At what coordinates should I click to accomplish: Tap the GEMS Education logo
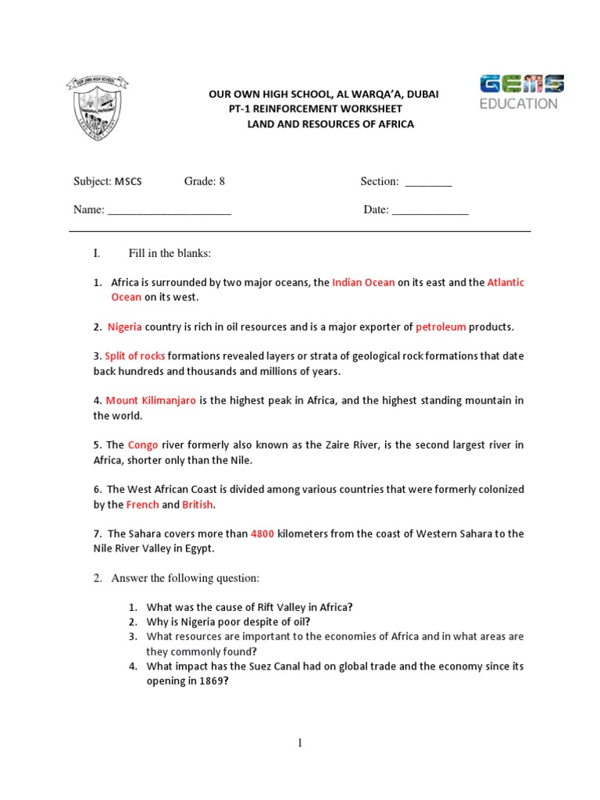point(522,92)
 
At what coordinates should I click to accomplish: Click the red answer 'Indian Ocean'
point(363,283)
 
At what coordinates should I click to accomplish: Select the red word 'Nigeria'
point(125,327)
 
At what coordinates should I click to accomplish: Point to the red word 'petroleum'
point(441,327)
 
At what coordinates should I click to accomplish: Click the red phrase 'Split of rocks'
point(135,356)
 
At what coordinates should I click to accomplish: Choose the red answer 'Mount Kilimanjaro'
point(151,401)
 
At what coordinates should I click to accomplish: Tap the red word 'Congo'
point(143,445)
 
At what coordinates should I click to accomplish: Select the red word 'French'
point(142,505)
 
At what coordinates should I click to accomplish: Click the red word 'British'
point(198,505)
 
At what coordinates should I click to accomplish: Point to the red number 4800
point(262,534)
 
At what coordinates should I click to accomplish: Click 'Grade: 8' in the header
point(205,181)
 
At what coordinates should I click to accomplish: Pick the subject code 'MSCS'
point(129,181)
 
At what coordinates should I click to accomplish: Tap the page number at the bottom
point(299,743)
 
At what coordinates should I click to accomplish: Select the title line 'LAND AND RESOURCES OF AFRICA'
point(330,124)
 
